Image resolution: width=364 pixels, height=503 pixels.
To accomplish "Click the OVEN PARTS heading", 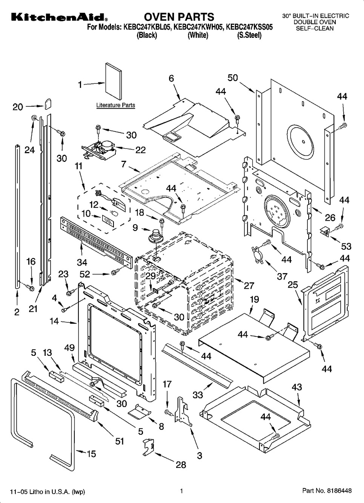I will pos(179,17).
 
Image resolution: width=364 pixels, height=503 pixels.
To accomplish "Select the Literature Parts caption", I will pos(115,105).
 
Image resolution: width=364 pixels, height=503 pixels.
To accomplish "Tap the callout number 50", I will pos(233,78).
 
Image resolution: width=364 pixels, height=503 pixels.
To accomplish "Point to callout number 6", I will pos(171,78).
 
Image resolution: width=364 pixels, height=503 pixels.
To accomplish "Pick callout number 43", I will pos(296,387).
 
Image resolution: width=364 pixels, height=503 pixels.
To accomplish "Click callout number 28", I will pos(181,465).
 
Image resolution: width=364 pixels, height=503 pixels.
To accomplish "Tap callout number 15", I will pos(91,454).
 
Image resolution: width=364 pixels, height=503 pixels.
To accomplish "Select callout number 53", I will pos(346,246).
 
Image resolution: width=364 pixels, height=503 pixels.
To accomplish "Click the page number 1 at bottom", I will pos(181,491).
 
